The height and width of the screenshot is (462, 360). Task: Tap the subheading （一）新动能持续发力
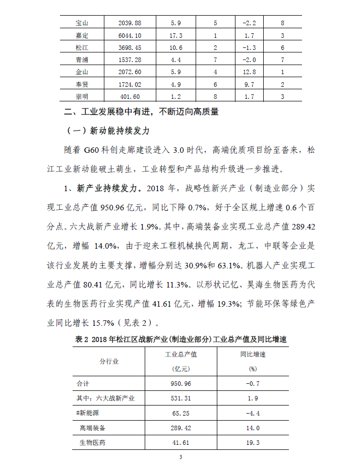[108, 131]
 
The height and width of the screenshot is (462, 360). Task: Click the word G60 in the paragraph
[94, 150]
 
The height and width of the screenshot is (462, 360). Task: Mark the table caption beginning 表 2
[181, 339]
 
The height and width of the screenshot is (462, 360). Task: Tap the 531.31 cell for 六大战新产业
[181, 398]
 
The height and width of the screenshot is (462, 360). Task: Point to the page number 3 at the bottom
[180, 457]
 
